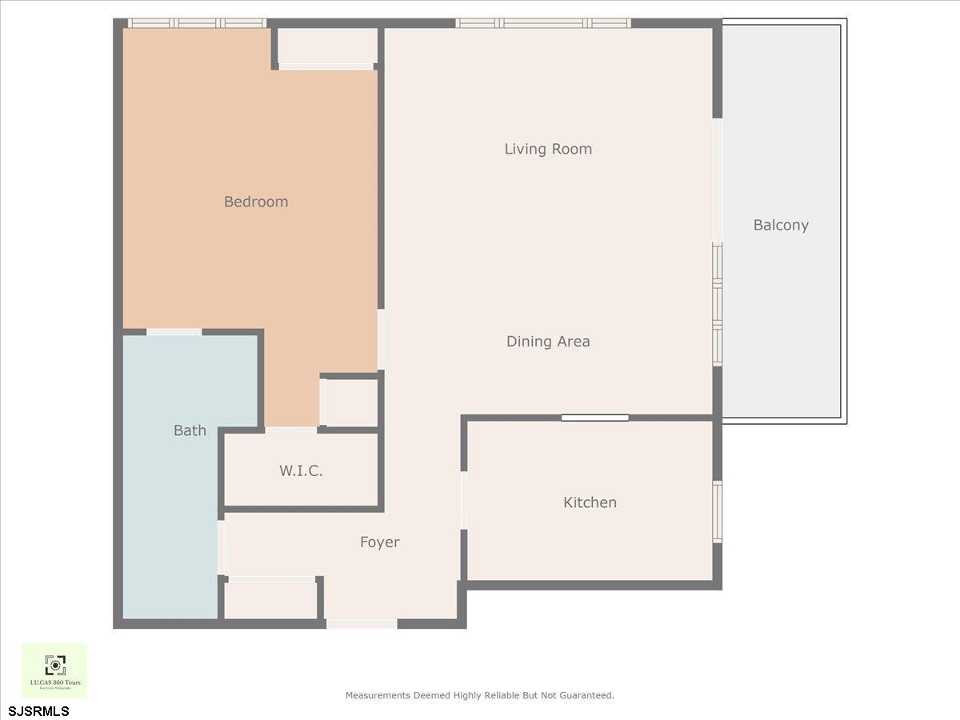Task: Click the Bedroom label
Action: click(x=255, y=202)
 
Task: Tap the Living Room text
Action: click(x=548, y=149)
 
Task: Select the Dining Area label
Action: click(x=548, y=342)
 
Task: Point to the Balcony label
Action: click(x=781, y=226)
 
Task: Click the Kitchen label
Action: click(x=590, y=502)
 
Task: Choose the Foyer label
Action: click(x=379, y=542)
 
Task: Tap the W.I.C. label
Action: click(x=301, y=471)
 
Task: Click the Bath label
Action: click(x=190, y=430)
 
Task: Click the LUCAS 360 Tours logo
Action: click(x=54, y=670)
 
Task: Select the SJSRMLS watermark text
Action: click(x=38, y=711)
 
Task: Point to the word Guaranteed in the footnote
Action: click(x=584, y=696)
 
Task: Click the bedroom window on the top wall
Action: click(x=197, y=23)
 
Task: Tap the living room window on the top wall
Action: click(x=543, y=23)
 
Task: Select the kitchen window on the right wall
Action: click(x=718, y=512)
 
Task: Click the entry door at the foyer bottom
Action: click(x=362, y=623)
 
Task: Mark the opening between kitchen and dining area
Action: click(x=594, y=417)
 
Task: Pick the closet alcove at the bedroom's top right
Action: click(x=326, y=46)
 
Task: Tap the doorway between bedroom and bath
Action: click(x=174, y=332)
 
